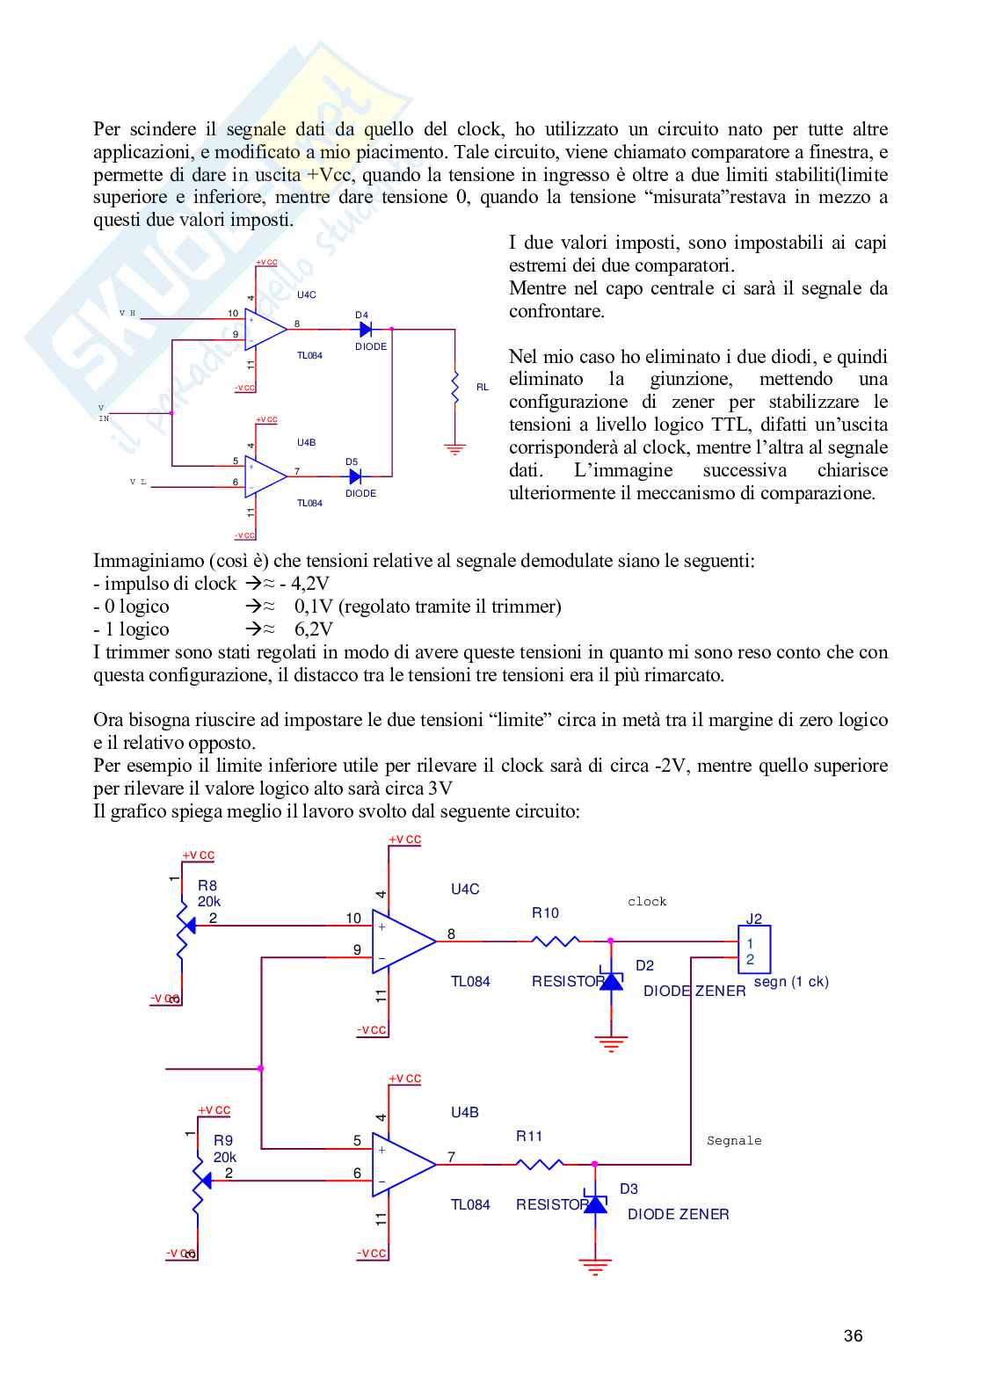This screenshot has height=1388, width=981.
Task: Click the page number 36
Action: pos(853,1336)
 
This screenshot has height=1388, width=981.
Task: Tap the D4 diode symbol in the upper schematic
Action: pos(366,330)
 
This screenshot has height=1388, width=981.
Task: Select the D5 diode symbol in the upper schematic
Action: pos(355,476)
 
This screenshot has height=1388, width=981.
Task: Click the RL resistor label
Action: pos(482,387)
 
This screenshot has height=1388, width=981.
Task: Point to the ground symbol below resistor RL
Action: pos(454,449)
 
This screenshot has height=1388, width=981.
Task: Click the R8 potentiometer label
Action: pos(207,886)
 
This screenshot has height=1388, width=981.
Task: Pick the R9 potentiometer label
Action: pos(222,1140)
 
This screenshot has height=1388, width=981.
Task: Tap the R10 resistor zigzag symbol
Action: pos(556,941)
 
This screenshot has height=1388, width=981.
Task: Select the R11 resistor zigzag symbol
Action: pos(539,1164)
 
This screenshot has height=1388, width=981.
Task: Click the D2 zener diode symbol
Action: pos(611,980)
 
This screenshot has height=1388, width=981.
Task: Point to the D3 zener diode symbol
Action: pos(595,1203)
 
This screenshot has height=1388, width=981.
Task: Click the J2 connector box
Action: pos(753,950)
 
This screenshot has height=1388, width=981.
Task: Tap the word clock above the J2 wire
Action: pos(647,902)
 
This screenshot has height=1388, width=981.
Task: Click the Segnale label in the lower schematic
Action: pos(734,1141)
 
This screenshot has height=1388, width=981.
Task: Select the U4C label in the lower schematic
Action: pos(465,890)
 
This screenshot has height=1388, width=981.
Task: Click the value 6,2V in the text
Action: pos(314,629)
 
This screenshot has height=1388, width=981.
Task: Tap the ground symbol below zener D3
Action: pos(595,1267)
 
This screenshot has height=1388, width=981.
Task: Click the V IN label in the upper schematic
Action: pos(103,413)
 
